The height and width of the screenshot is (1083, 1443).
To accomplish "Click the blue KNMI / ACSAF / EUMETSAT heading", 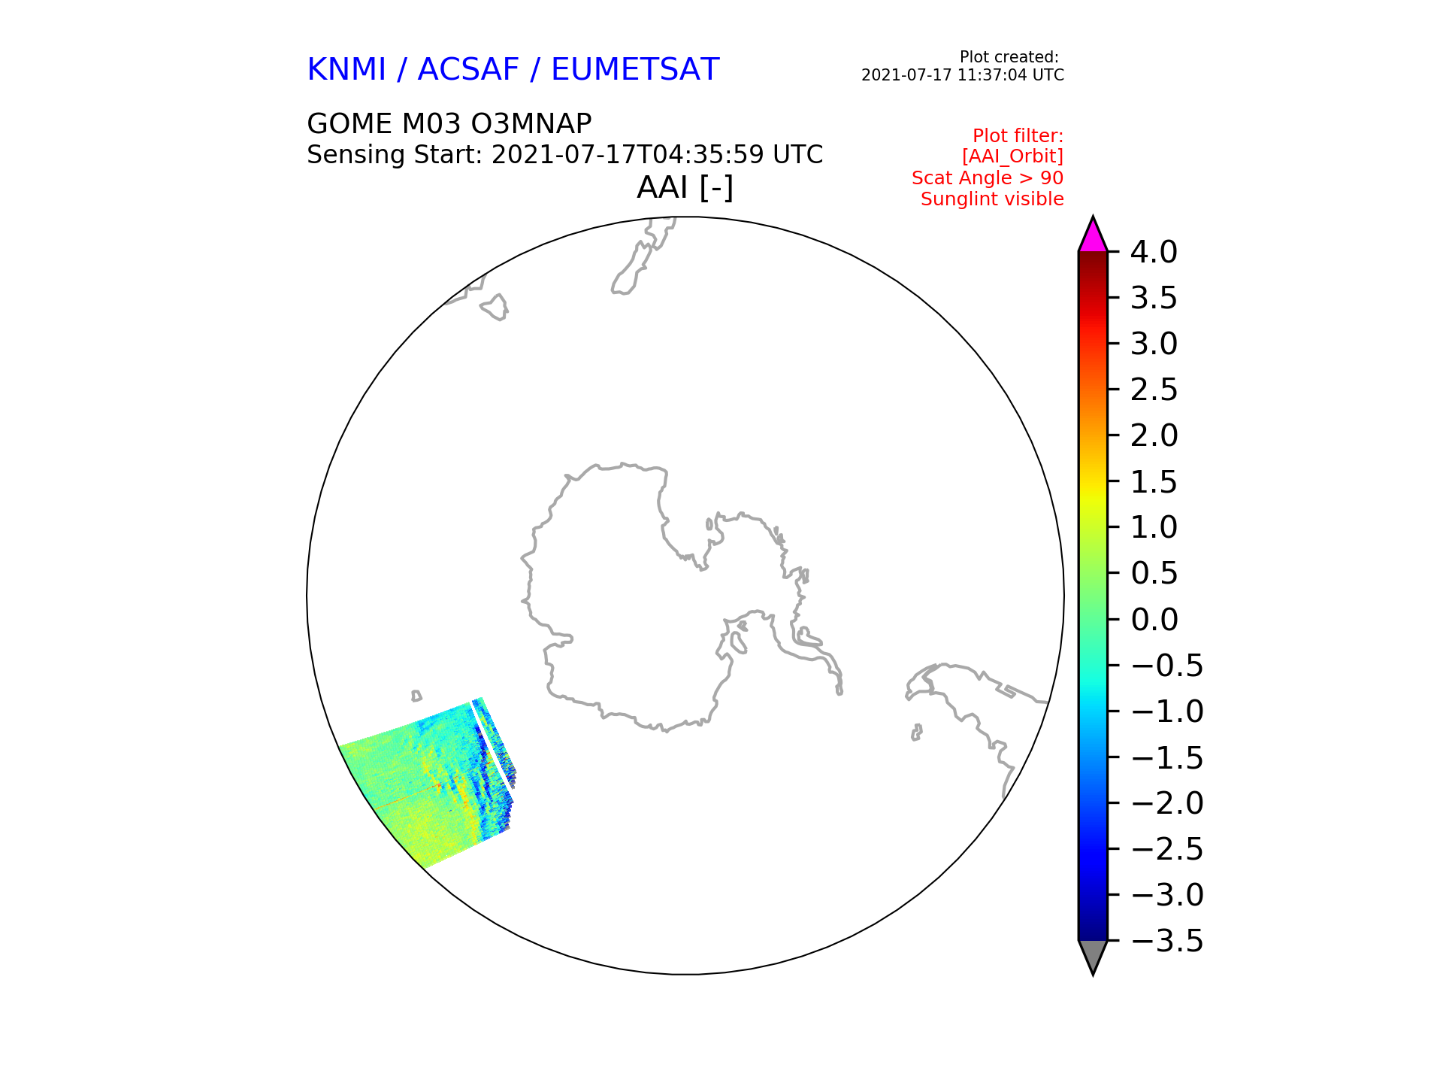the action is (x=513, y=70).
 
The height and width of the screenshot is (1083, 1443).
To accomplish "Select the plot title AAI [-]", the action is (x=685, y=187).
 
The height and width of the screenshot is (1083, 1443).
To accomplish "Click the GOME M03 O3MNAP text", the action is (x=449, y=123).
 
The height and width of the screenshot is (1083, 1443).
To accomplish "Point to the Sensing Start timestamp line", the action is (x=565, y=155).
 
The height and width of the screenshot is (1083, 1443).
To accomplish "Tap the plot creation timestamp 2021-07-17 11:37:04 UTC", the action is (x=963, y=75).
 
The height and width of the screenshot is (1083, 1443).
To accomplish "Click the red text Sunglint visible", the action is (x=992, y=199).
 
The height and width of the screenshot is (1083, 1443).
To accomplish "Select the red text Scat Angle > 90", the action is (x=988, y=178).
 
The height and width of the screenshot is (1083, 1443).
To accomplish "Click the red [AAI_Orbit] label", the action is (x=1012, y=156).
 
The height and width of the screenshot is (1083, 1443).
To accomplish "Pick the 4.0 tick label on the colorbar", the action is (x=1154, y=253).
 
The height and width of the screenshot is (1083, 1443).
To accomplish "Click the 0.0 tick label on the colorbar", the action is (x=1154, y=620).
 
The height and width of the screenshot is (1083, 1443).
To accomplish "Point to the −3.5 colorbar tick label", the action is (x=1167, y=941).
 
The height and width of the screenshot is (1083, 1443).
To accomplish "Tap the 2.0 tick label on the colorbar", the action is (x=1154, y=436).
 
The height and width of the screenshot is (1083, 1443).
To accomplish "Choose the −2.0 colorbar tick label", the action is (x=1167, y=803).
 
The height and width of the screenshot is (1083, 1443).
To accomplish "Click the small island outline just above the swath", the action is (x=416, y=696).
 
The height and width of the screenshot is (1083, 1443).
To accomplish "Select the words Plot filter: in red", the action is (x=1018, y=136).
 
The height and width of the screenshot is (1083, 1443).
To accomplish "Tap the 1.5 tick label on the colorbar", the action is (x=1154, y=482).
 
